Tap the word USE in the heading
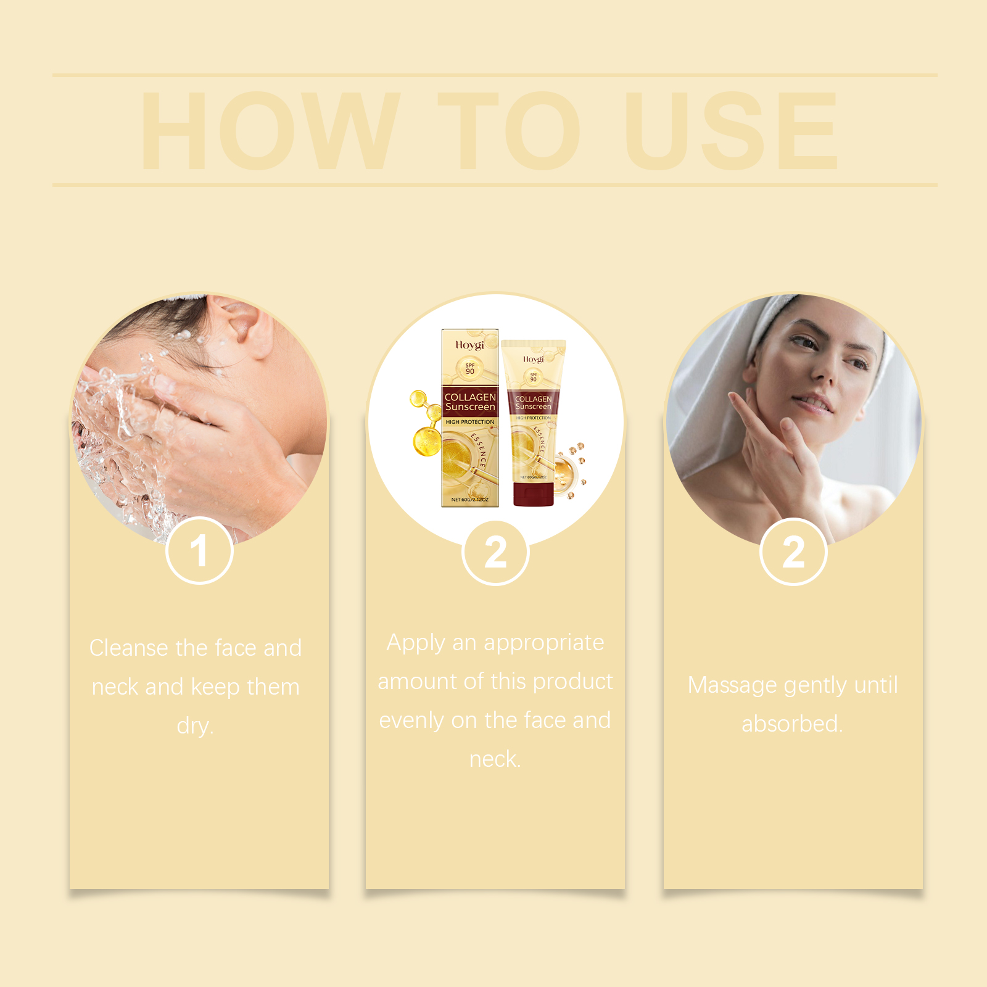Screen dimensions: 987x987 pyautogui.click(x=731, y=131)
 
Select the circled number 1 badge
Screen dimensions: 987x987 pyautogui.click(x=199, y=551)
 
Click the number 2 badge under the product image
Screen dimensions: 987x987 pyautogui.click(x=495, y=553)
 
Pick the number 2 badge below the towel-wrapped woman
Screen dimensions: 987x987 pyautogui.click(x=793, y=552)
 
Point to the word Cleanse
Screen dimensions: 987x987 pyautogui.click(x=128, y=648)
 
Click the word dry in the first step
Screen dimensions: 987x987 pyautogui.click(x=194, y=726)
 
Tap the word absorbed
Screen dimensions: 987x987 pyautogui.click(x=791, y=724)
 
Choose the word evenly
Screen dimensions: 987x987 pyautogui.click(x=411, y=721)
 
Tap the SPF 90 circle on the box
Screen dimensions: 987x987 pyautogui.click(x=470, y=368)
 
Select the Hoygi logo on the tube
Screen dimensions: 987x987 pyautogui.click(x=534, y=359)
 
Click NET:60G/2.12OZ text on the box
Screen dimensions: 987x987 pyautogui.click(x=469, y=500)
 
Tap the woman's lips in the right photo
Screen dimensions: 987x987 pyautogui.click(x=812, y=403)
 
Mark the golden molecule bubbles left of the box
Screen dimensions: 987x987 pyautogui.click(x=424, y=426)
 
